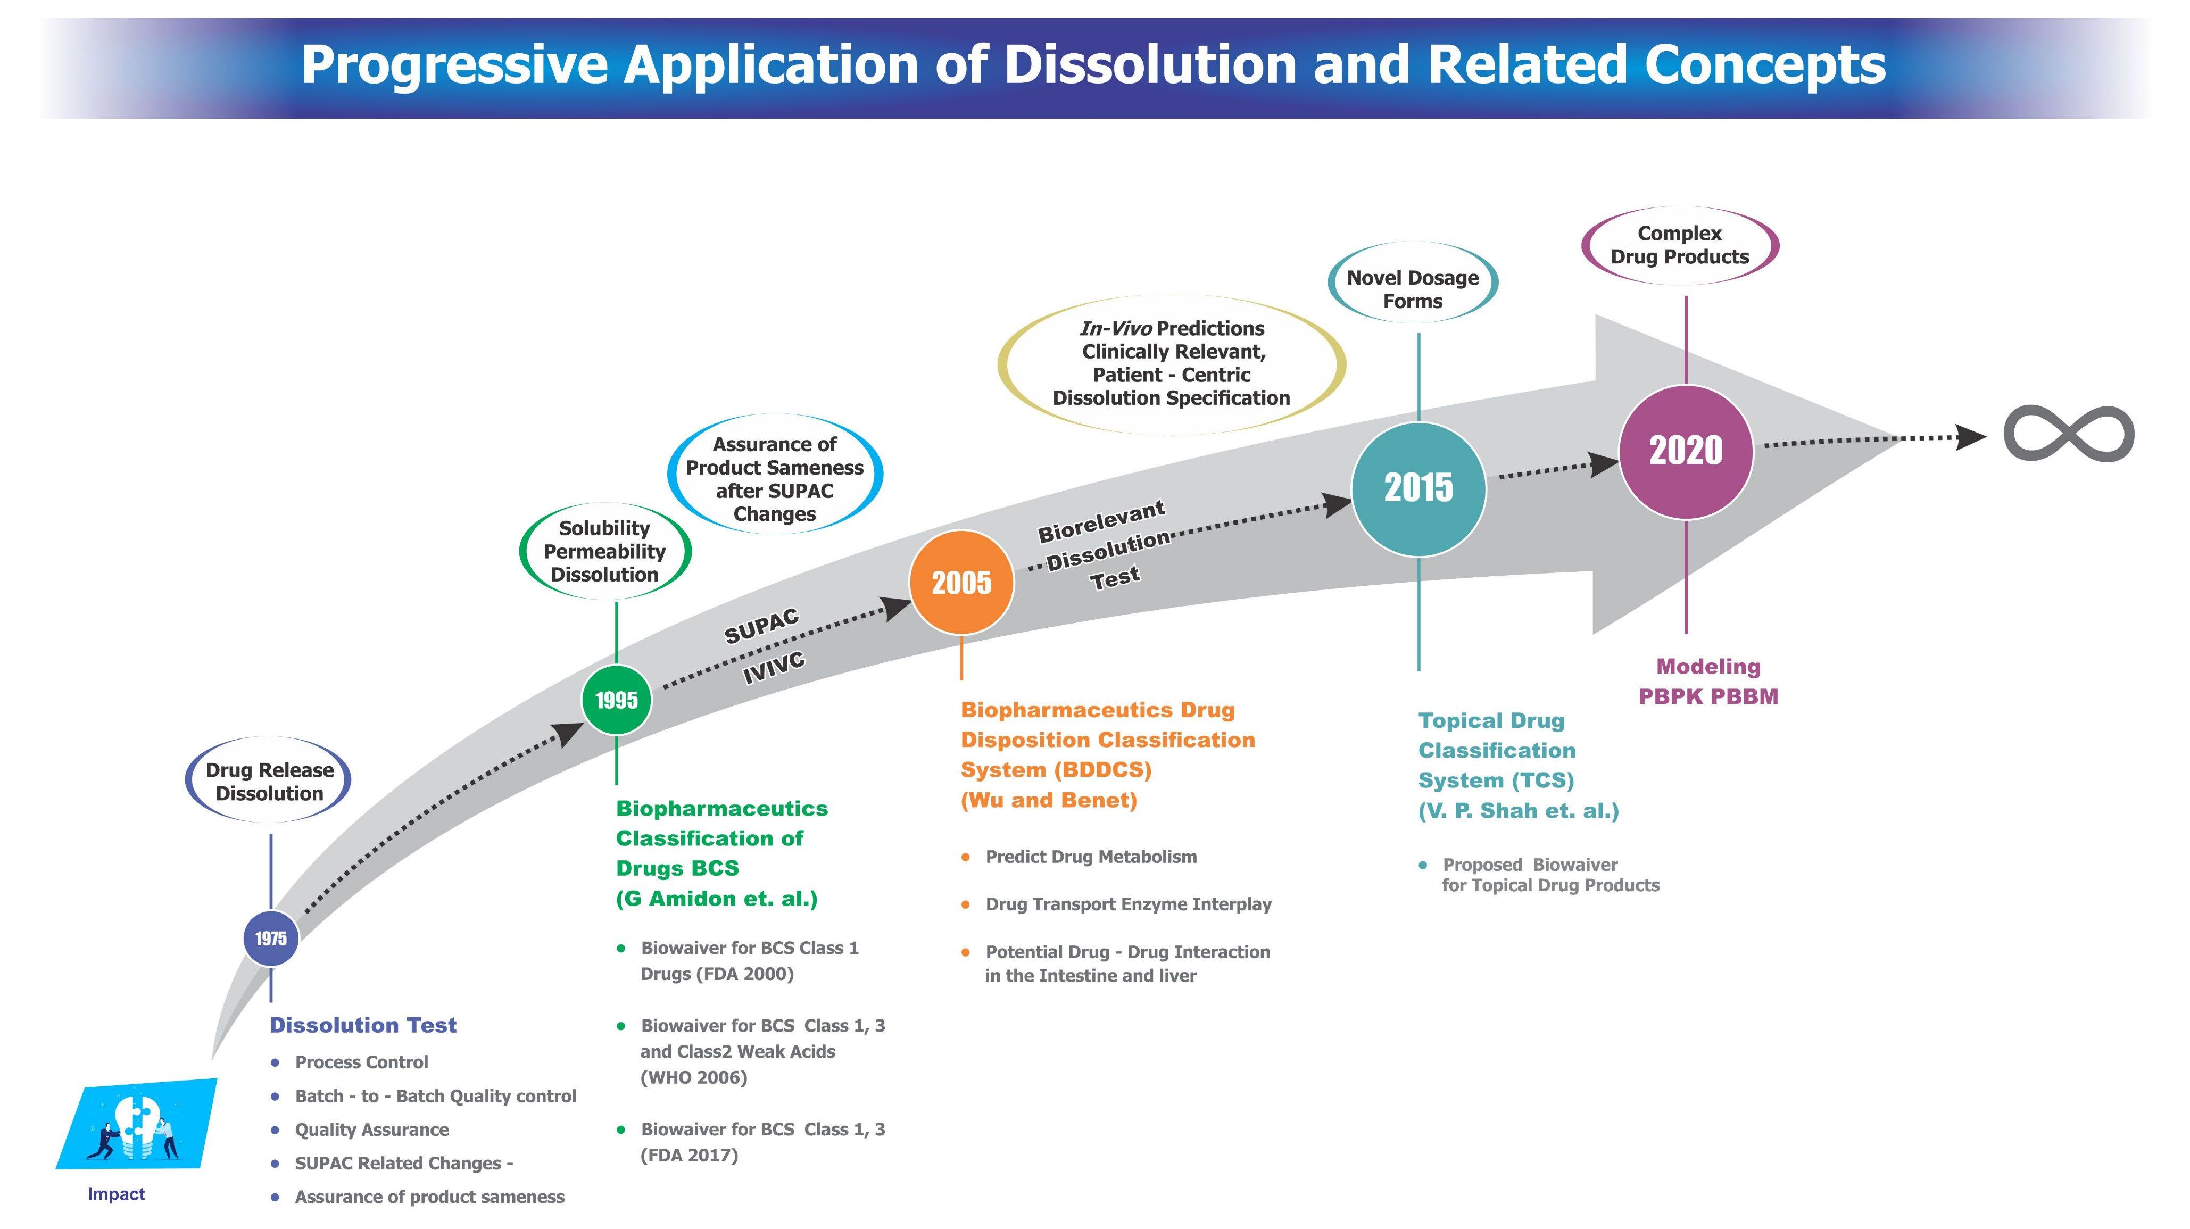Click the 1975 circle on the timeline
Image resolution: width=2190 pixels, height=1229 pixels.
click(270, 939)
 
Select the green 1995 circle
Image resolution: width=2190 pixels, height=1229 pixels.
click(616, 700)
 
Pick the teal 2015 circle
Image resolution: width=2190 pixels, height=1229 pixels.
click(1418, 489)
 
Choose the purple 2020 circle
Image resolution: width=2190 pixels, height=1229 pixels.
click(1685, 451)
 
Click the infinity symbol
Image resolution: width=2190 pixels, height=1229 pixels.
click(2069, 434)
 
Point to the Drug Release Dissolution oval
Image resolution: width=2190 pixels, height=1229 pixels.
click(269, 781)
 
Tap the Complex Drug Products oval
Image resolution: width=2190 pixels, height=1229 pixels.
click(1679, 245)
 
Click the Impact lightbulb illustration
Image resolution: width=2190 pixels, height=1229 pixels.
click(136, 1124)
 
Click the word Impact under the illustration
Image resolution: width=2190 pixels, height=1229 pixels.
click(117, 1194)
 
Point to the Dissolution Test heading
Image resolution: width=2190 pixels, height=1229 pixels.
click(363, 1025)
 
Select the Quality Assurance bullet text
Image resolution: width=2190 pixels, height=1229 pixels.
click(371, 1130)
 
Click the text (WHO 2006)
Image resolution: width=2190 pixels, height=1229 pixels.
click(694, 1078)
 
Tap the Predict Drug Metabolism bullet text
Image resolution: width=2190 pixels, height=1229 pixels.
click(1091, 857)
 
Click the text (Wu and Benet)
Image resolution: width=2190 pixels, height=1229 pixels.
click(1048, 800)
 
